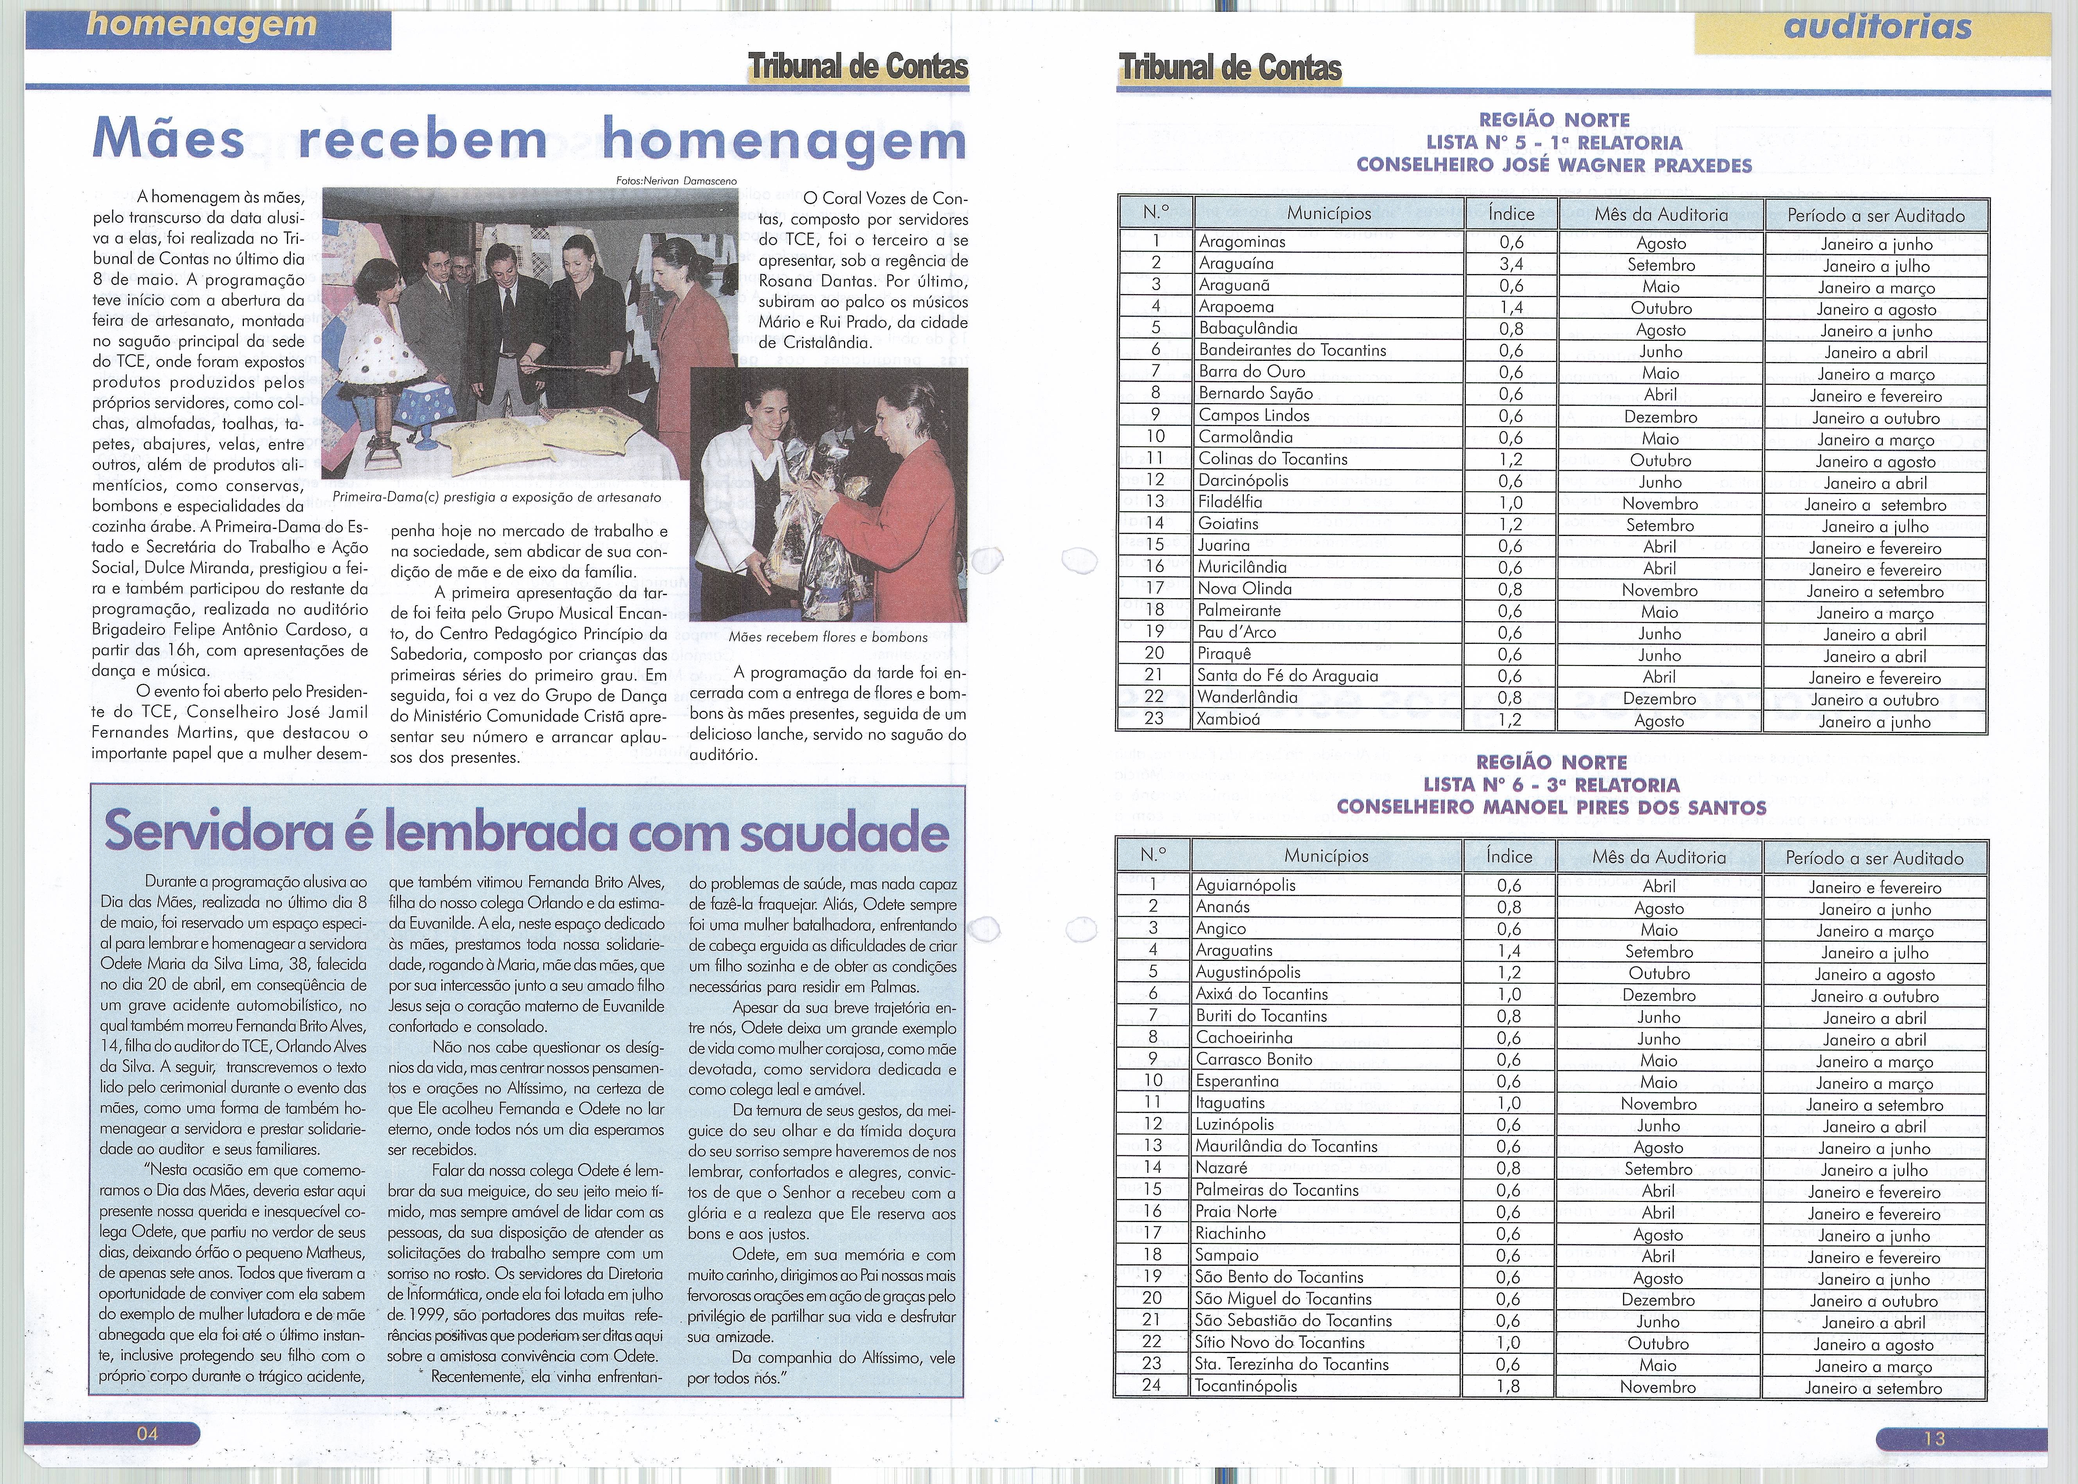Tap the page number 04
click(147, 1433)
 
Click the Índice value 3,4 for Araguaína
click(1510, 264)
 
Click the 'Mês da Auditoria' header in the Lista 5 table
click(1661, 215)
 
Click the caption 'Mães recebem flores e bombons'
click(828, 637)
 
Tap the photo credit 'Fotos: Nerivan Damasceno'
click(677, 181)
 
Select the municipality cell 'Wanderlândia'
click(1247, 697)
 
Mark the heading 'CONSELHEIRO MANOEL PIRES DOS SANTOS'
click(1551, 807)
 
